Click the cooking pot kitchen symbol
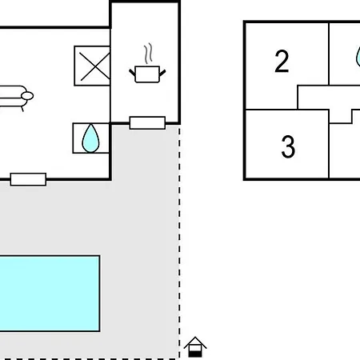click(x=147, y=74)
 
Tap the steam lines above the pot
click(x=148, y=54)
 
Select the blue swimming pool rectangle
click(x=50, y=294)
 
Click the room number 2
click(x=282, y=61)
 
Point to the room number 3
click(x=288, y=146)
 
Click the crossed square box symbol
click(x=92, y=66)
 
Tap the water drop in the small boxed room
click(x=90, y=138)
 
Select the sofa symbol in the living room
click(x=14, y=97)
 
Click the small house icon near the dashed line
click(x=195, y=347)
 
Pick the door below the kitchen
click(x=147, y=123)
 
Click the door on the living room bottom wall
click(x=28, y=179)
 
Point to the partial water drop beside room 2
click(x=358, y=57)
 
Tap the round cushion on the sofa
click(x=27, y=96)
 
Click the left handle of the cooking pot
click(x=132, y=73)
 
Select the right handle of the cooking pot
click(x=162, y=73)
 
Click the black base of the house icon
click(x=195, y=354)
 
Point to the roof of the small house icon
click(x=195, y=342)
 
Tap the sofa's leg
click(x=22, y=109)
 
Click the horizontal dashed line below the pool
click(x=90, y=359)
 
